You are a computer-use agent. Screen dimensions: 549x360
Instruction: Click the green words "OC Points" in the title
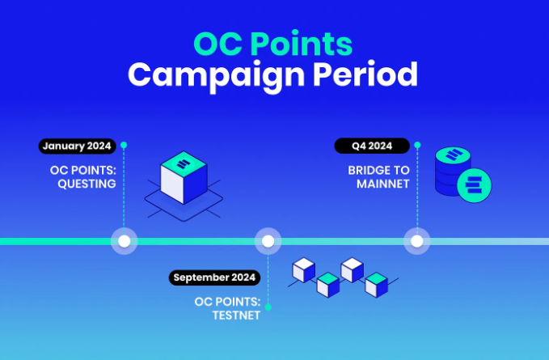pos(272,44)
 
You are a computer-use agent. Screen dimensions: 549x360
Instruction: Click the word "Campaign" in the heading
pos(216,76)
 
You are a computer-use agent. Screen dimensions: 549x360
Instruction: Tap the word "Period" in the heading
pos(365,74)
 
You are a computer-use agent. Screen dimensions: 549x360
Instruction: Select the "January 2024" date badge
pos(77,146)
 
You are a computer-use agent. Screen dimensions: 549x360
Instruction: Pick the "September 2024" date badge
pos(214,277)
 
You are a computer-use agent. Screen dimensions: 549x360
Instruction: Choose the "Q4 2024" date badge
pos(372,146)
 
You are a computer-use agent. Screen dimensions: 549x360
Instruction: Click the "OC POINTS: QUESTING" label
pos(83,177)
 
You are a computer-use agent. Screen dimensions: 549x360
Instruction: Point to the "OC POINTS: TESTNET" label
pos(227,308)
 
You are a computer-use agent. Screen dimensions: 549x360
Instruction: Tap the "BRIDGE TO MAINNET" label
pos(378,177)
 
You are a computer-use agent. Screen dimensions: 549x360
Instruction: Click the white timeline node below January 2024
pos(124,241)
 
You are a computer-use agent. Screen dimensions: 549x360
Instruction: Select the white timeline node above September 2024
pos(268,241)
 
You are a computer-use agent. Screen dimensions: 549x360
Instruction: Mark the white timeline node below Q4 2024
pos(416,241)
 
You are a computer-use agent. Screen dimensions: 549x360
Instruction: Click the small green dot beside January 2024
pos(124,145)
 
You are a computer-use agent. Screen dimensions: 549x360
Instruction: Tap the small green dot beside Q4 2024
pos(417,145)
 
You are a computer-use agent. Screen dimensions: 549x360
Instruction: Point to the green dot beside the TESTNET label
pos(268,307)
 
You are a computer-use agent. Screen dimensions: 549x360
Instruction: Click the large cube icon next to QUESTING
pos(184,177)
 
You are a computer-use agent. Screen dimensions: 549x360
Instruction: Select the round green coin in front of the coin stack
pos(475,185)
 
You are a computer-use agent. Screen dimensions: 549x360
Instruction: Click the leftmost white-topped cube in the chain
pos(303,270)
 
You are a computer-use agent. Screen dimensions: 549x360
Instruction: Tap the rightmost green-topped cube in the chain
pos(377,285)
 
